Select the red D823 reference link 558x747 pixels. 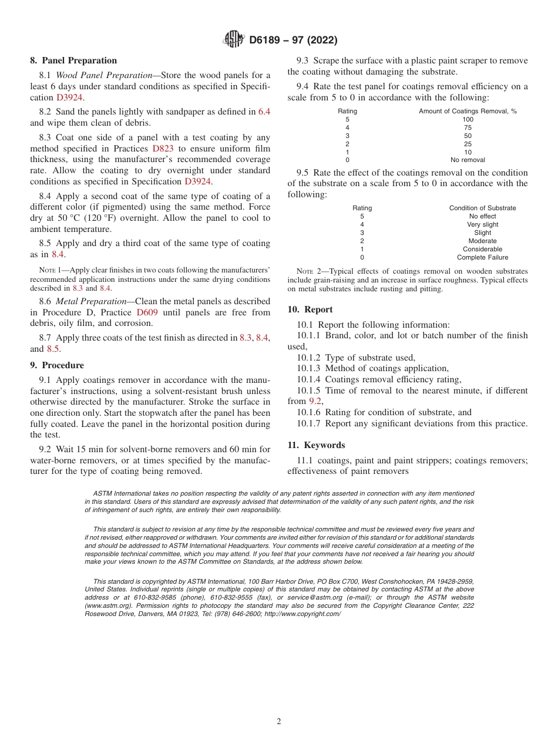163,149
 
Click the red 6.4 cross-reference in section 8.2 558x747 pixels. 264,111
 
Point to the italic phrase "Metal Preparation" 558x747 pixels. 94,301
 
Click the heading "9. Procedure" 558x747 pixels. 57,365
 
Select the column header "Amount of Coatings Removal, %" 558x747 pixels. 468,111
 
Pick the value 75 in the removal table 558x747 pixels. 468,127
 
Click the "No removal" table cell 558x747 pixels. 468,160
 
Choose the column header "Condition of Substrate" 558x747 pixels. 482,208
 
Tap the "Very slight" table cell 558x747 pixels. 482,224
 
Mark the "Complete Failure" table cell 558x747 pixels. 482,257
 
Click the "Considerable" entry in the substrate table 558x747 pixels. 482,249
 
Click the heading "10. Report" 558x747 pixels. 310,309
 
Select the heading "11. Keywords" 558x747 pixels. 316,445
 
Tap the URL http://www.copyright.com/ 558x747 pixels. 302,614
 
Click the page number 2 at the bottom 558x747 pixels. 279,722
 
